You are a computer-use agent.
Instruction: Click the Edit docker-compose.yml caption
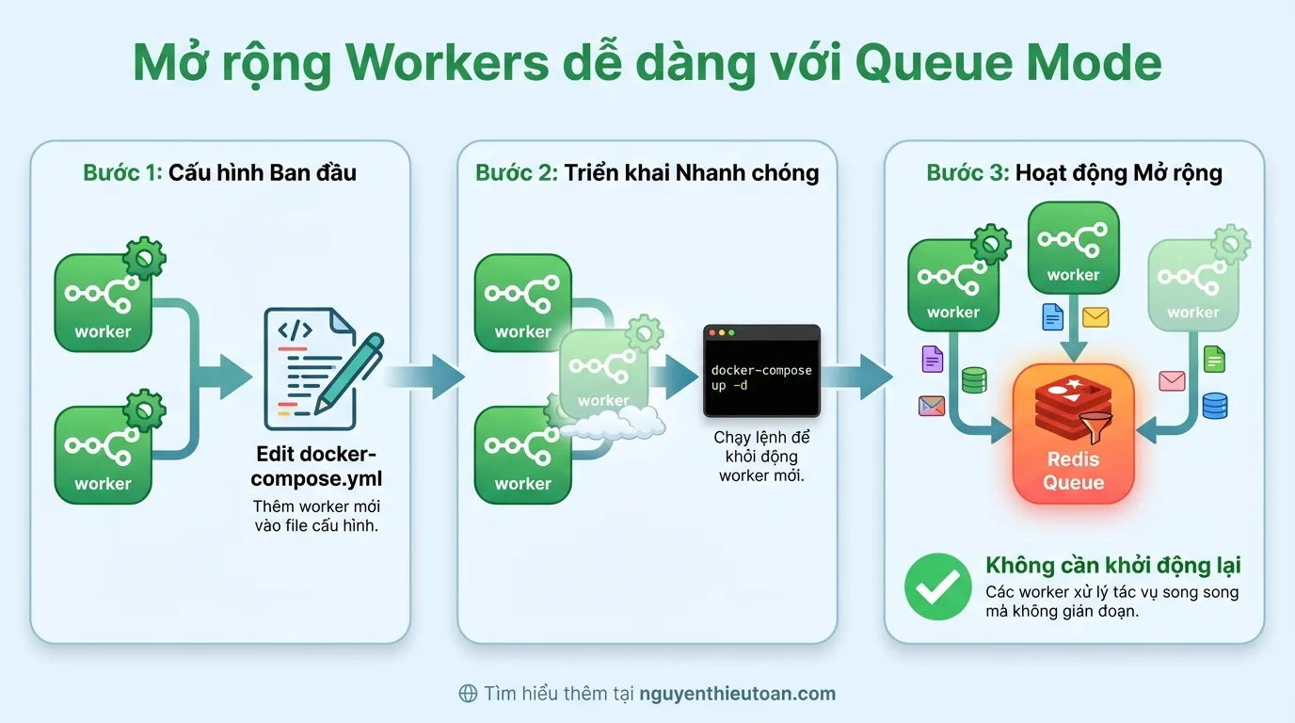pos(316,466)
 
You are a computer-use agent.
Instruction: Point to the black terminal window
pos(761,372)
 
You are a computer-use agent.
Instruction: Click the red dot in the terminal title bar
pos(712,333)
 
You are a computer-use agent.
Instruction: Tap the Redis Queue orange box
pos(1073,433)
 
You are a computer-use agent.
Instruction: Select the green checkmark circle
pos(937,586)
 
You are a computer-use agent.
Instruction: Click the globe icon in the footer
pos(468,694)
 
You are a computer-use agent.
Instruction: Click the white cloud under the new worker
pos(613,426)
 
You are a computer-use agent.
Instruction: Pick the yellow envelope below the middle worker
pos(1095,317)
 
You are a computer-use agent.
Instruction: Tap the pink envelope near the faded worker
pos(1172,380)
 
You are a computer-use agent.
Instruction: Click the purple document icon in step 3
pos(932,359)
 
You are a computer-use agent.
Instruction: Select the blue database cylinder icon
pos(1215,405)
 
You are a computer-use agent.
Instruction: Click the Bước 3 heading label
pos(967,173)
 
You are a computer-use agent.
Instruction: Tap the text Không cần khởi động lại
pos(1112,565)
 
